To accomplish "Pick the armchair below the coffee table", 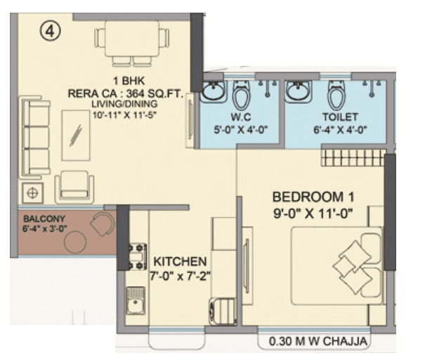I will tap(74, 186).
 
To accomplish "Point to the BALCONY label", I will tap(41, 218).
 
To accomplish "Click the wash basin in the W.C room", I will tap(213, 92).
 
